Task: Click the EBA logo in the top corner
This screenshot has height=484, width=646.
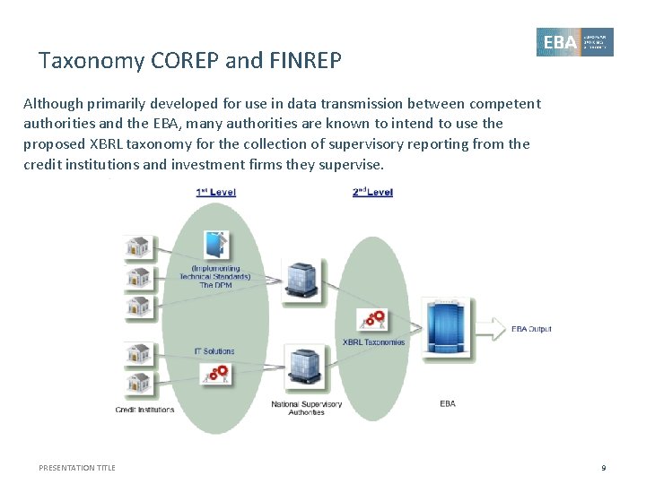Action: pyautogui.click(x=575, y=42)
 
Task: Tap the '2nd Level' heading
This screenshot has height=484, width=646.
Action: pyautogui.click(x=372, y=192)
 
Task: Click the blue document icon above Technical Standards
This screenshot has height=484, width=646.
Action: pyautogui.click(x=215, y=245)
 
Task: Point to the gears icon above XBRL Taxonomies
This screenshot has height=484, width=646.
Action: pyautogui.click(x=372, y=319)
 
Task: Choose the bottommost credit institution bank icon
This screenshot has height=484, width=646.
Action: pyautogui.click(x=137, y=383)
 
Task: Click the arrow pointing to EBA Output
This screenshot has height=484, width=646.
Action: pyautogui.click(x=493, y=329)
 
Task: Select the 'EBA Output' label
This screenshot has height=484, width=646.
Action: pyautogui.click(x=531, y=329)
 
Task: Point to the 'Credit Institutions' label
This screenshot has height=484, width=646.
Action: pyautogui.click(x=144, y=410)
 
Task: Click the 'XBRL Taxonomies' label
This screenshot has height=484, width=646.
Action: pyautogui.click(x=373, y=341)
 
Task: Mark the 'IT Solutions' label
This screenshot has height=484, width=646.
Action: pyautogui.click(x=214, y=350)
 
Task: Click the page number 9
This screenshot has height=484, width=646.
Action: pyautogui.click(x=604, y=468)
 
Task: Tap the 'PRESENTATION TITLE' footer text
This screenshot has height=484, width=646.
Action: pyautogui.click(x=77, y=468)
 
